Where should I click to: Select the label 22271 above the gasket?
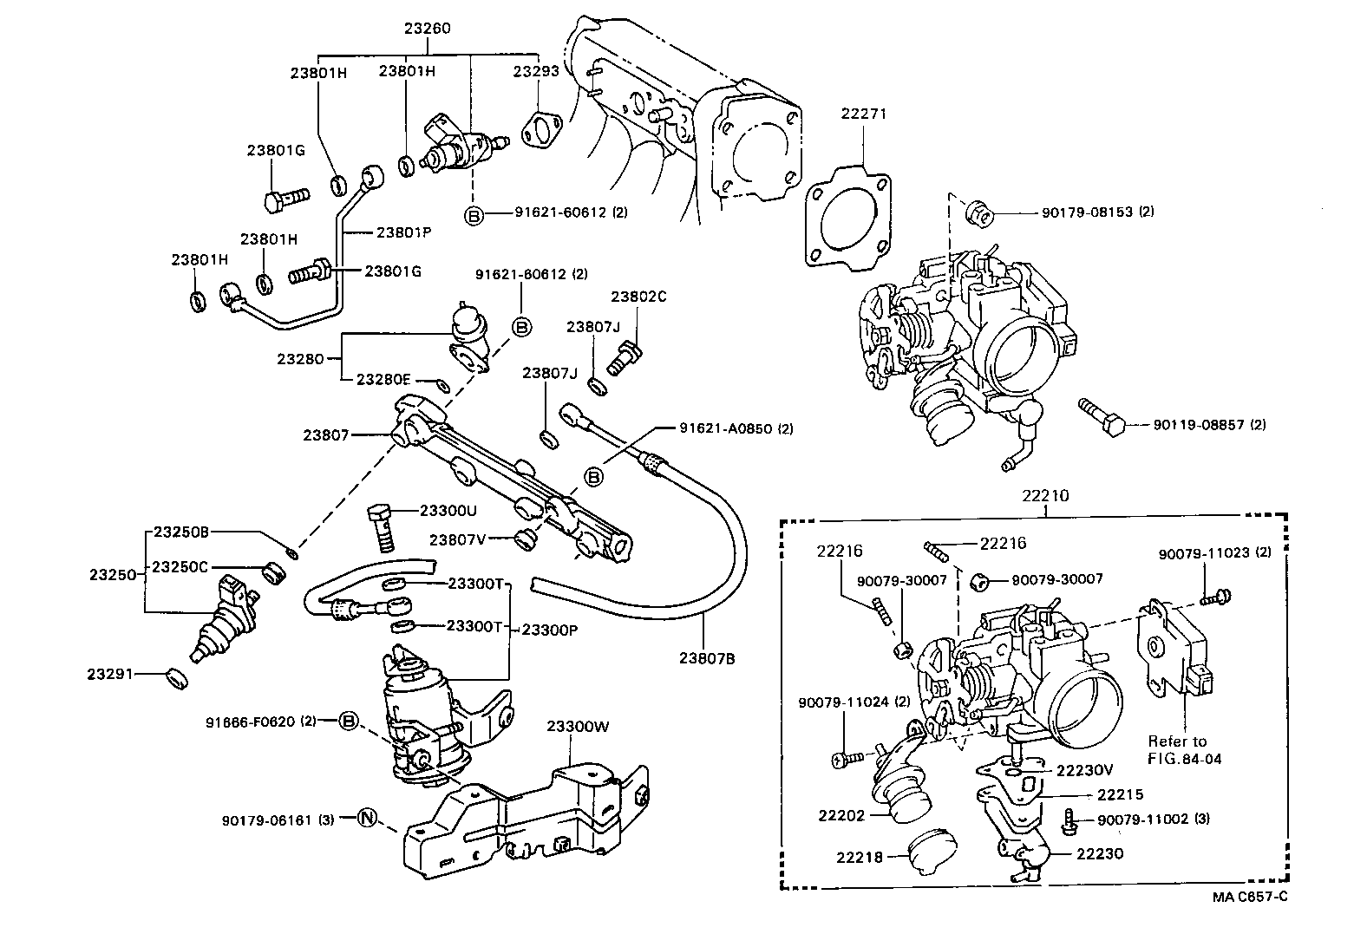click(863, 113)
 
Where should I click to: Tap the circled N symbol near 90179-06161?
click(367, 817)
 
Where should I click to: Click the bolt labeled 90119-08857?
click(1103, 423)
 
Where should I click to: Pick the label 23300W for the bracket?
click(578, 727)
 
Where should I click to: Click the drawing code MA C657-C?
click(1249, 897)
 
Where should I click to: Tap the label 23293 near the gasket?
click(536, 72)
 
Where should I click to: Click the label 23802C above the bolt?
click(638, 296)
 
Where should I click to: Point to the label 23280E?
click(383, 380)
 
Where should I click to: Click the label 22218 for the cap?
click(860, 858)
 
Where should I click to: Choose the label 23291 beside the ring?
click(110, 672)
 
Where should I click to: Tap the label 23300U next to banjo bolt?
click(448, 511)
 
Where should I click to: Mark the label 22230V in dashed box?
click(1084, 769)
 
